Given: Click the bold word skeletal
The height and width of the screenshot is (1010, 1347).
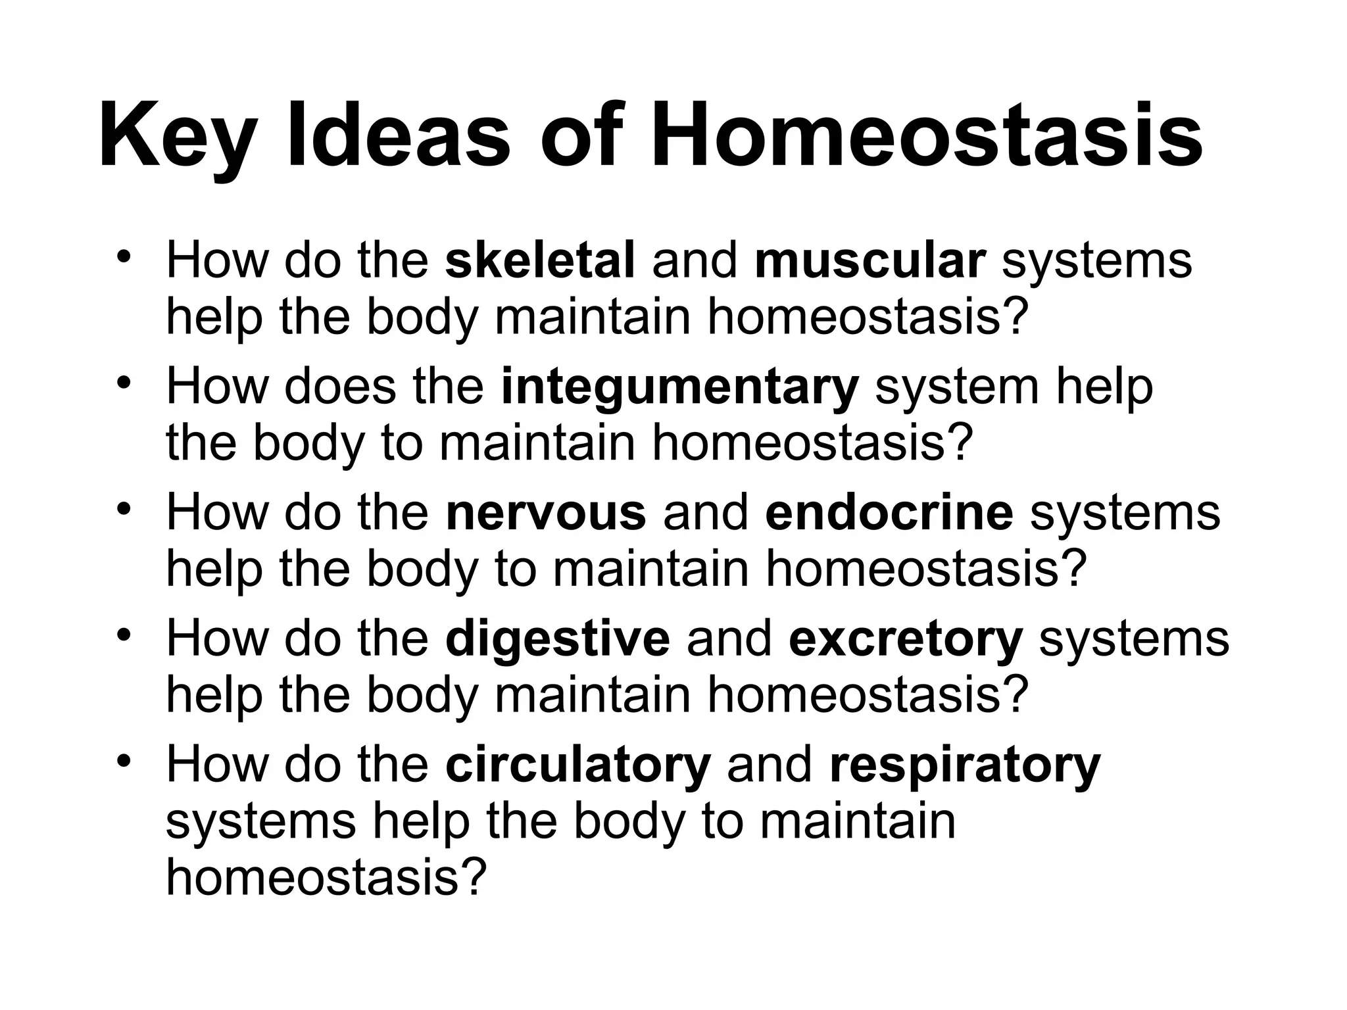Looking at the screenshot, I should [540, 260].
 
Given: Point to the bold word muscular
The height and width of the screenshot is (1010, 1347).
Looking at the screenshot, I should [870, 260].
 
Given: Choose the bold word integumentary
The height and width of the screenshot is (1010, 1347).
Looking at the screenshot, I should [679, 387].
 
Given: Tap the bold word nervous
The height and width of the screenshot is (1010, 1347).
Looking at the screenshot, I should [546, 513].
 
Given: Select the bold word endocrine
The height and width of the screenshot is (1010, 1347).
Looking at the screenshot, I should [889, 513].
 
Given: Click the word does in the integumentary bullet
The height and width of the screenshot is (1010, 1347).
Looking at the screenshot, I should [341, 387].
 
